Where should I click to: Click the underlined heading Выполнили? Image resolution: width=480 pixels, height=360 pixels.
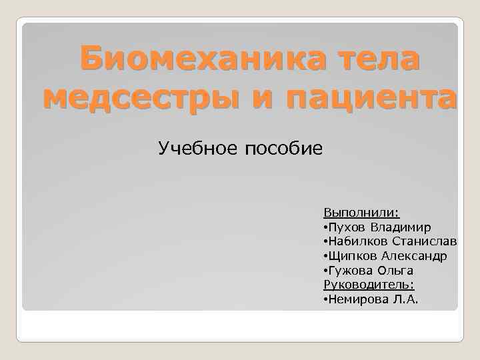pyautogui.click(x=361, y=213)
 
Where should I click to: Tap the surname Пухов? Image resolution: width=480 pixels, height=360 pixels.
pyautogui.click(x=346, y=227)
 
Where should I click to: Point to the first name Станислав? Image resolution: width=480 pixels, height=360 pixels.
pyautogui.click(x=424, y=241)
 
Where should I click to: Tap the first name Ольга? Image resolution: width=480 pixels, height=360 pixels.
pyautogui.click(x=396, y=271)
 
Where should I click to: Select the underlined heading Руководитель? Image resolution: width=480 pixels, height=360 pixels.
pyautogui.click(x=366, y=285)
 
